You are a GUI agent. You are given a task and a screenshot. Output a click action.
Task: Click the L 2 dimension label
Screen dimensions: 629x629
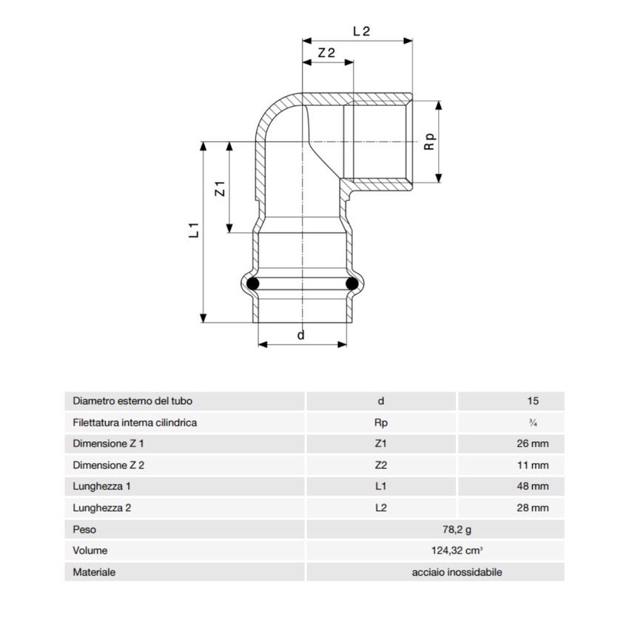click(x=361, y=31)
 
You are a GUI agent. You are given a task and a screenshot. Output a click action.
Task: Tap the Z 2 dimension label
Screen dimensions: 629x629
click(x=326, y=53)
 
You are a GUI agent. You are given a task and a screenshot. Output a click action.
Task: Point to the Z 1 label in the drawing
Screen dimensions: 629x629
click(x=220, y=188)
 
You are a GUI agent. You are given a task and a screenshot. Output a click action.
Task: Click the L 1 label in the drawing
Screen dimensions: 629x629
click(x=194, y=230)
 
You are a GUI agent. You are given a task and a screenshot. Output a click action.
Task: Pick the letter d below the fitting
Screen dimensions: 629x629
click(x=300, y=335)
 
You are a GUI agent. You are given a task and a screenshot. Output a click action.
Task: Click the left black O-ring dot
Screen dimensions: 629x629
click(x=253, y=283)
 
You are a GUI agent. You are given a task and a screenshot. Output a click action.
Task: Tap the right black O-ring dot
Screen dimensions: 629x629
click(x=351, y=283)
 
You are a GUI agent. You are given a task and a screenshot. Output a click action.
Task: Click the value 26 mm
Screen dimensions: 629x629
click(x=533, y=444)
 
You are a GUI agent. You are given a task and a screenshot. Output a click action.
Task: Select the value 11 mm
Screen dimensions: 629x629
click(x=533, y=465)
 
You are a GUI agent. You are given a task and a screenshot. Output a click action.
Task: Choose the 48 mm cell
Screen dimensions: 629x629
click(x=533, y=487)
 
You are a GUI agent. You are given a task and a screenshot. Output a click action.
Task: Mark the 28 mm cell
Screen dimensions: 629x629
click(x=533, y=508)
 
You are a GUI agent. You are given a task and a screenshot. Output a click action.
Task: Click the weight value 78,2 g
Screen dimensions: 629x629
click(x=457, y=530)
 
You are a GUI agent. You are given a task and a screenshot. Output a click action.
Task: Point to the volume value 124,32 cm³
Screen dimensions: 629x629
click(x=457, y=551)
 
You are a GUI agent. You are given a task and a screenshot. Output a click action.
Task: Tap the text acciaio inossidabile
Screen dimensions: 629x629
click(x=457, y=572)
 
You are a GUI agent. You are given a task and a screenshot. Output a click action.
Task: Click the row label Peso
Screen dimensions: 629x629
click(x=84, y=530)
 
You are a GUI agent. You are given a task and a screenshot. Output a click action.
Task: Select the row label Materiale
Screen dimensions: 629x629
click(x=94, y=572)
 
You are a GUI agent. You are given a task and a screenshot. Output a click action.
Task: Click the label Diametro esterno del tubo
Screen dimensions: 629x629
click(x=132, y=401)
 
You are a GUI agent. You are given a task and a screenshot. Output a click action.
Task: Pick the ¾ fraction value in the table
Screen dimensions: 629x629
click(x=533, y=423)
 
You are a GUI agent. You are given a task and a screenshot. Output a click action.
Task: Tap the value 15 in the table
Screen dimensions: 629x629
click(x=533, y=401)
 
